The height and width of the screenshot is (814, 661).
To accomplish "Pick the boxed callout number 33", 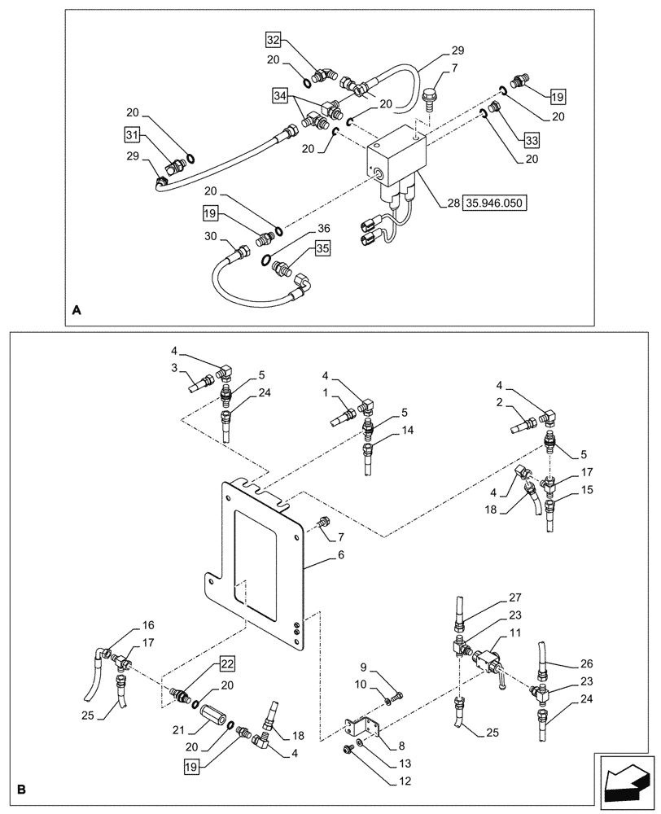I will click(532, 141).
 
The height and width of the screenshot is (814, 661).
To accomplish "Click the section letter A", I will click(77, 310).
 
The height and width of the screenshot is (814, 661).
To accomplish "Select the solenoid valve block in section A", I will click(396, 159).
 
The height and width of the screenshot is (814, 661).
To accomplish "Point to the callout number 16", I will click(147, 625).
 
